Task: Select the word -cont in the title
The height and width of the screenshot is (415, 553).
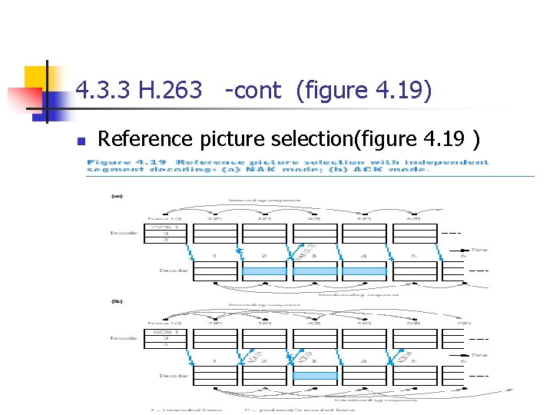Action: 253,91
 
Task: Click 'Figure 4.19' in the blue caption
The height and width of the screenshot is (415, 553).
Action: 116,162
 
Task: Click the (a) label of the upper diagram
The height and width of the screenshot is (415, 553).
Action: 117,197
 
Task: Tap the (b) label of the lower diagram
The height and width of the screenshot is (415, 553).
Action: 117,301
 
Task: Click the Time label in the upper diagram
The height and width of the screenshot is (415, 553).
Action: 478,251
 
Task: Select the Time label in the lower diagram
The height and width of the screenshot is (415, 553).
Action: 478,355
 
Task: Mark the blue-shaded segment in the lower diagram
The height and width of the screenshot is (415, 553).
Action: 314,376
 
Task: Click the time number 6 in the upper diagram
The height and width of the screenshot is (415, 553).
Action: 462,255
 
